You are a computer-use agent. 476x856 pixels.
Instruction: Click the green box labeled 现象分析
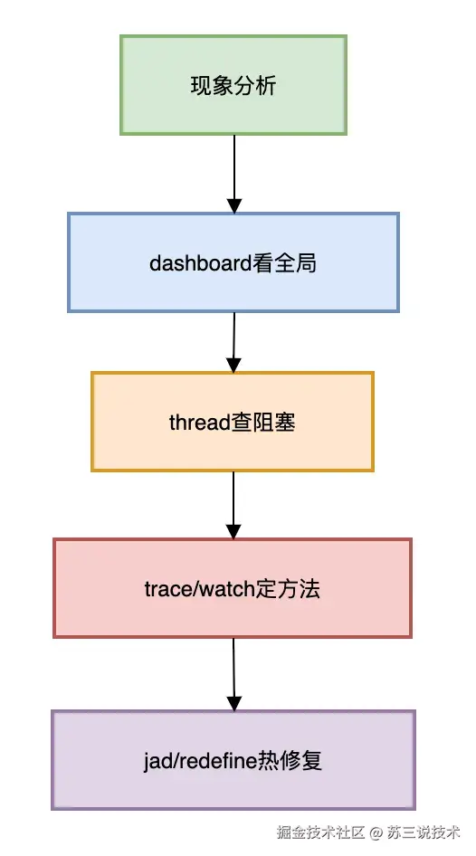pos(233,86)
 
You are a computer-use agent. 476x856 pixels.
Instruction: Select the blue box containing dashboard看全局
pos(233,262)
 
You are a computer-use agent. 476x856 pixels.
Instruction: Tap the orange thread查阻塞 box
pos(233,422)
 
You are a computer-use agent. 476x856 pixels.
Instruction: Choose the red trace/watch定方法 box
pos(233,588)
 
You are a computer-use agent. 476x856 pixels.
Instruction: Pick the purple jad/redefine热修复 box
pos(233,760)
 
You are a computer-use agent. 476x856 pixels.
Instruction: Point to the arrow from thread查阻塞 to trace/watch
pos(233,505)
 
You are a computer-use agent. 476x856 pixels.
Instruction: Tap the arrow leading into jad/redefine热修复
pos(233,674)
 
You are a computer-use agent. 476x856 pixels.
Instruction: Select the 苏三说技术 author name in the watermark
pos(424,832)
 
